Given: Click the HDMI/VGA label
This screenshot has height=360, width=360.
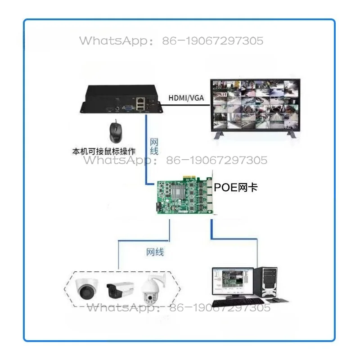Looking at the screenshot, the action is (x=186, y=98).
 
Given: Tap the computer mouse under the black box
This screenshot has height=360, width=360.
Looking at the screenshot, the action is (x=116, y=132).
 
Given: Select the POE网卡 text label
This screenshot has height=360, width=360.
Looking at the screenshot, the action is (x=235, y=188).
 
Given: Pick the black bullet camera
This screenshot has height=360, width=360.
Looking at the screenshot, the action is (x=120, y=290).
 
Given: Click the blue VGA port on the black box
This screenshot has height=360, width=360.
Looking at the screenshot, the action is (x=128, y=108).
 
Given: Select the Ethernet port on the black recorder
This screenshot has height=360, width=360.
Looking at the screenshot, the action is (x=140, y=100).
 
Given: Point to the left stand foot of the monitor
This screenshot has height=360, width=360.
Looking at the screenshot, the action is (x=219, y=135).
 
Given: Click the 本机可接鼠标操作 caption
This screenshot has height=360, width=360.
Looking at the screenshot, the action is (x=104, y=152).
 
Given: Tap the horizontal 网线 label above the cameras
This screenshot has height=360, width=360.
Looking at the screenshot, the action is (x=155, y=252).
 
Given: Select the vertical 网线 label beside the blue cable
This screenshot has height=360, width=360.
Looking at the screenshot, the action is (x=154, y=147).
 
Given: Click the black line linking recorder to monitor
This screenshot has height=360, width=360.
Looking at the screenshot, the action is (x=185, y=105).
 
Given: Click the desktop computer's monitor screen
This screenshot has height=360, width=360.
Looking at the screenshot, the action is (x=233, y=281).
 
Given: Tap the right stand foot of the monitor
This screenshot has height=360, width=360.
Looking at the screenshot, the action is (x=292, y=135).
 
